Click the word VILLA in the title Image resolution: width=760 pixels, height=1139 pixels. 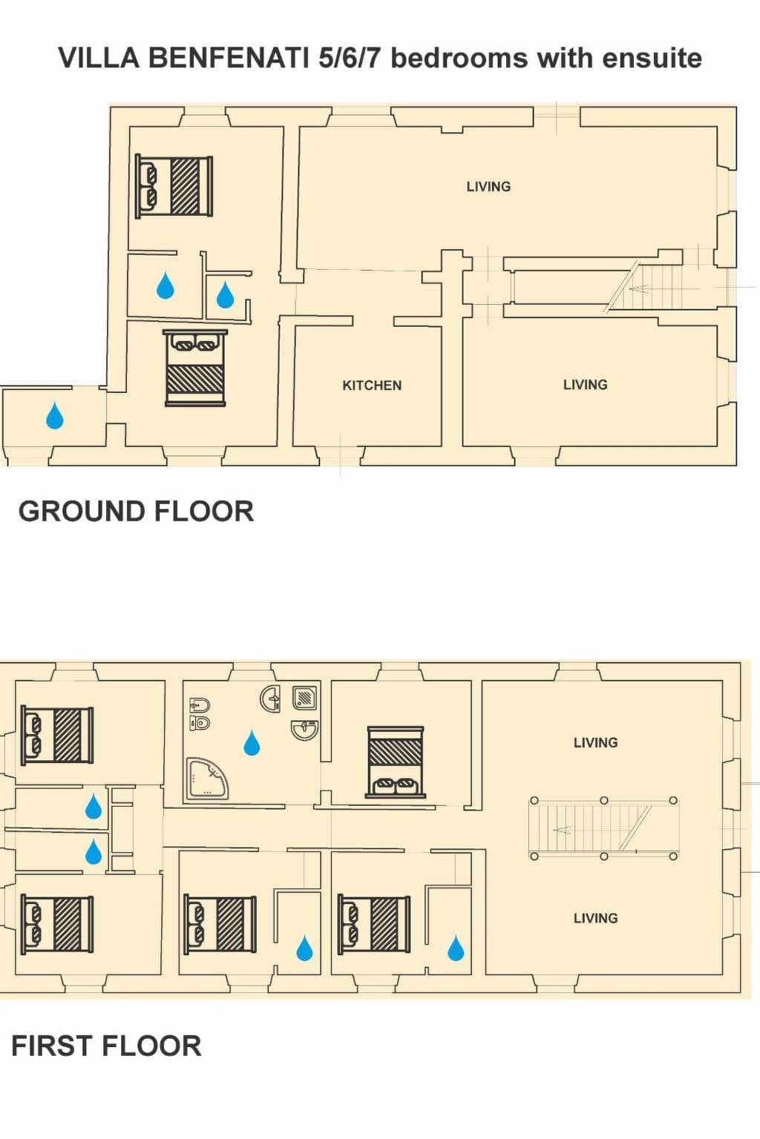point(99,58)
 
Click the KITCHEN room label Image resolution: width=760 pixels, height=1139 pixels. point(372,386)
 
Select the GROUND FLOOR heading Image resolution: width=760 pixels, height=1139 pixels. point(136,512)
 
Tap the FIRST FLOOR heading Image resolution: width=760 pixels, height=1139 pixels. point(106,1046)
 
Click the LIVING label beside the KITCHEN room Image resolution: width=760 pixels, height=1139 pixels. point(585,385)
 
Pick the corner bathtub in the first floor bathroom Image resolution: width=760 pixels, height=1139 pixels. point(206,778)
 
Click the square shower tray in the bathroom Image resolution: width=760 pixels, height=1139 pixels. point(305,697)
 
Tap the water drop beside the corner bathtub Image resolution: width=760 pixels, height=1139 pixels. point(252,742)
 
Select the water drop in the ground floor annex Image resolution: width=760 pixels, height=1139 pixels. point(55,416)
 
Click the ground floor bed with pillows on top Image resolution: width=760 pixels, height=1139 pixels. point(195,368)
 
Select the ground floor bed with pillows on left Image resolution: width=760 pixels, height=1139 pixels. point(174,186)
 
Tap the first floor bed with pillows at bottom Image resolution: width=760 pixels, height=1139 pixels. point(395,762)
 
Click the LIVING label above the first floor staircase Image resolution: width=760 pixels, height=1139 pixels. point(595,743)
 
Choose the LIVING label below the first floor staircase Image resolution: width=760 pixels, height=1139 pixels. point(595,918)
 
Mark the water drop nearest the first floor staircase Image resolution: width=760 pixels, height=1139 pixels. point(456,948)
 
